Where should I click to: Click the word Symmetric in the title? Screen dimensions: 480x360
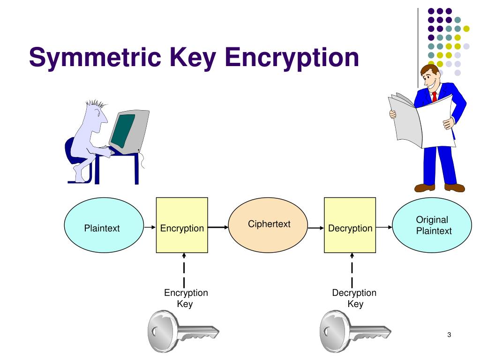click(x=95, y=58)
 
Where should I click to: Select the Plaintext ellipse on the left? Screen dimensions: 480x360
click(x=104, y=225)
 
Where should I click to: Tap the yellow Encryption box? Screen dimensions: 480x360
click(x=182, y=225)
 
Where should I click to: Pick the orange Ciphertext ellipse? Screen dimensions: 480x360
click(x=268, y=225)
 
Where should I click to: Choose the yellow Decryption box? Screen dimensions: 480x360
click(x=350, y=225)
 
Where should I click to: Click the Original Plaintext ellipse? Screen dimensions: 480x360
click(x=432, y=225)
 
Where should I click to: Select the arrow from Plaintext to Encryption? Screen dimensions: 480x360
click(x=150, y=227)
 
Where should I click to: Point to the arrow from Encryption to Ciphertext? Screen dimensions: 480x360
click(x=218, y=227)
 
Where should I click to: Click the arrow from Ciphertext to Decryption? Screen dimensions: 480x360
click(x=316, y=228)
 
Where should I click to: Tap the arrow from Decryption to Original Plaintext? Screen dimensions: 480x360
click(x=384, y=227)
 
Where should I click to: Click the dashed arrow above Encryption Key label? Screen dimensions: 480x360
click(x=184, y=270)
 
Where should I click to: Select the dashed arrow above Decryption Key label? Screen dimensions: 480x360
click(x=352, y=270)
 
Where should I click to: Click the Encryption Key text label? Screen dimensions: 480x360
click(x=186, y=298)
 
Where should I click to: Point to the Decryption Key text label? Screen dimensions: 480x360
click(x=354, y=298)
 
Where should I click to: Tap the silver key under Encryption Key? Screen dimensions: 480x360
click(x=183, y=331)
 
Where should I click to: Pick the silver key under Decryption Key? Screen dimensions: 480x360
click(x=355, y=331)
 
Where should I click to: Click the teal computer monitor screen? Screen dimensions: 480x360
click(x=123, y=130)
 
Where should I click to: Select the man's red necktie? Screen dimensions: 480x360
click(x=435, y=97)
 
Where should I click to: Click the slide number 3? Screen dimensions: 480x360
click(x=449, y=335)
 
